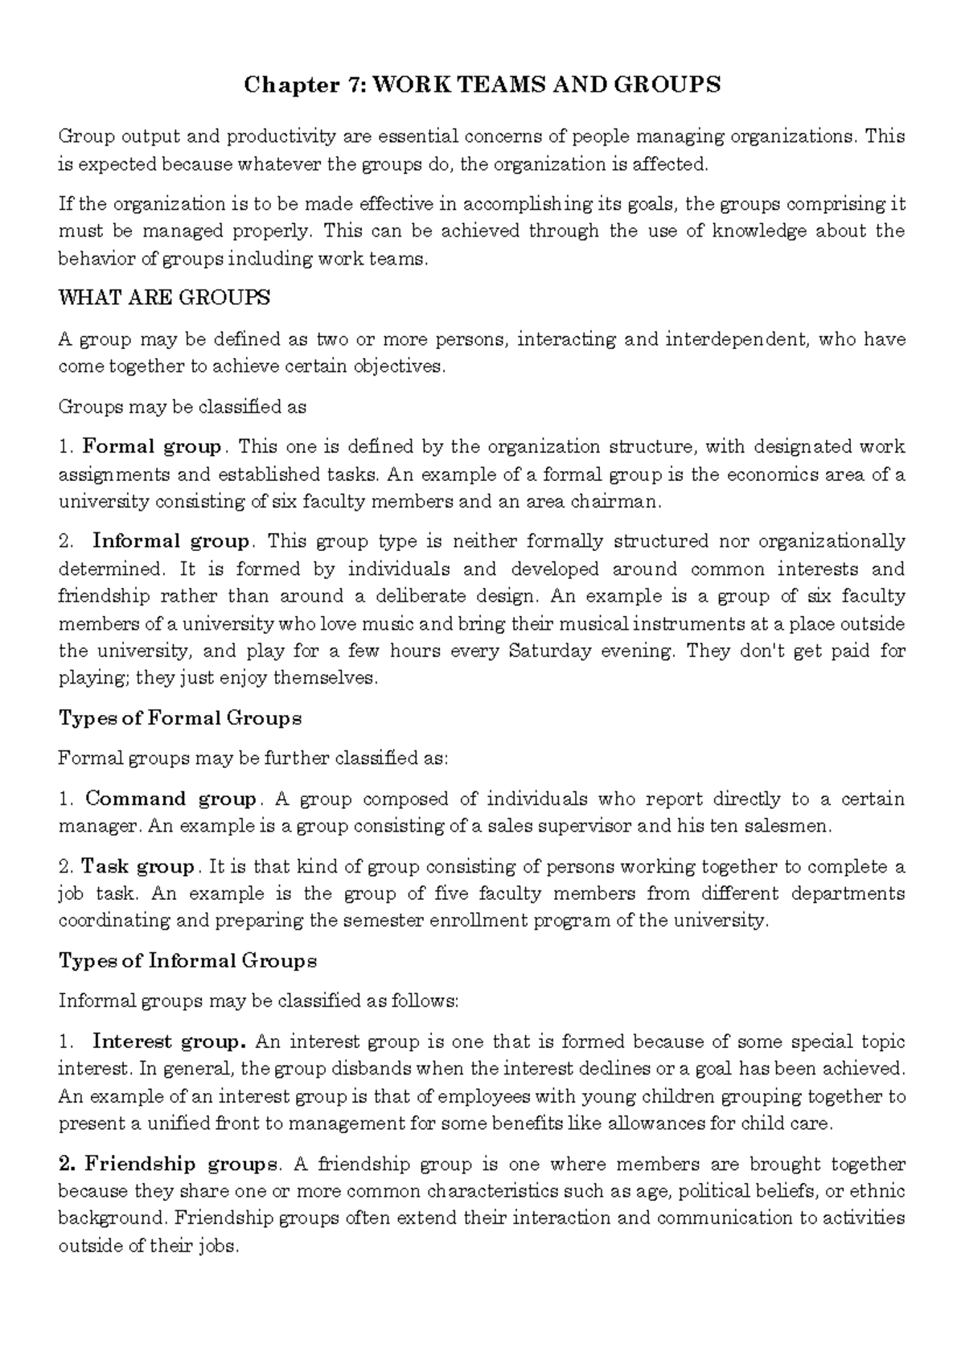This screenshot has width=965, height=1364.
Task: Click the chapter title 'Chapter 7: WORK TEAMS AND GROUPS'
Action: (482, 85)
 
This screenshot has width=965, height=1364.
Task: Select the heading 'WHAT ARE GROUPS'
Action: (164, 298)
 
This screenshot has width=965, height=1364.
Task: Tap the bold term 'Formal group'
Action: (152, 447)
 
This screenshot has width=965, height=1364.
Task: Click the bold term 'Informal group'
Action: (171, 541)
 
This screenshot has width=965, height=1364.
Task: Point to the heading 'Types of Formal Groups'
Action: (180, 718)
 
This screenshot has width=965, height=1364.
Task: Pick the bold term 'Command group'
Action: (170, 799)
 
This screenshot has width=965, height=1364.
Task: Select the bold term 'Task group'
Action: (138, 867)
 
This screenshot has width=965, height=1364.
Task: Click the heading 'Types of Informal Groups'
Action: (187, 961)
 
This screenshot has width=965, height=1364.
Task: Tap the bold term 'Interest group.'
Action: (169, 1042)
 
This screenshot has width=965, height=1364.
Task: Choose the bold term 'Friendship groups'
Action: (181, 1165)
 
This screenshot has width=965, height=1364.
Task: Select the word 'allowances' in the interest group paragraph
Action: (655, 1124)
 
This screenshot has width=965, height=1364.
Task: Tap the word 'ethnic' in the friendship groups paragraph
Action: (880, 1191)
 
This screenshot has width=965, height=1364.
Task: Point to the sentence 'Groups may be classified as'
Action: (183, 407)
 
